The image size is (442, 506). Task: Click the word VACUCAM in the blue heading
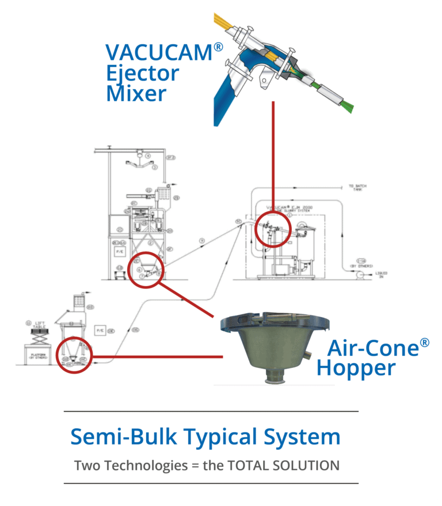(158, 52)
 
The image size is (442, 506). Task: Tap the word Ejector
(142, 74)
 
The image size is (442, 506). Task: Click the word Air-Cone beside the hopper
(372, 348)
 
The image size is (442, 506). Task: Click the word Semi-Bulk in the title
(121, 437)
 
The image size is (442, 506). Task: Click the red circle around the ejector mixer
(273, 229)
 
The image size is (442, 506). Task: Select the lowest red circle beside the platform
(75, 355)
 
